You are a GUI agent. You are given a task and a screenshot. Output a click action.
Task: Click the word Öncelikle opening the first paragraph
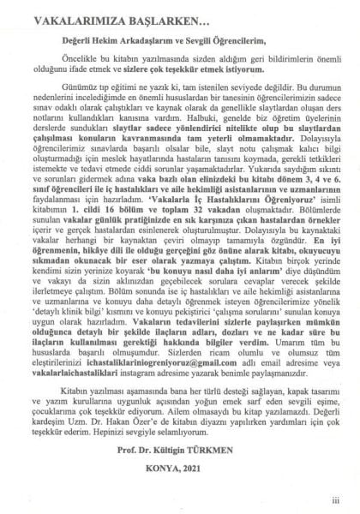75,62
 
